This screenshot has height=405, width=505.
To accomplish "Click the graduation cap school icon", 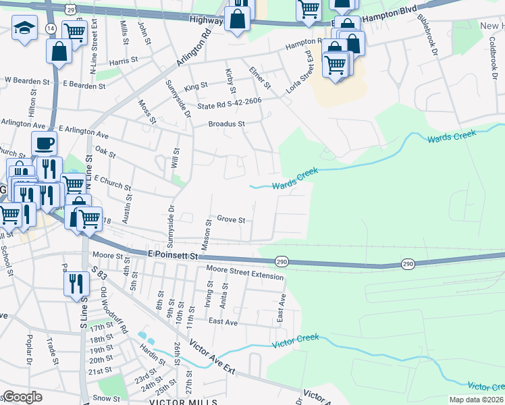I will [x=25, y=28].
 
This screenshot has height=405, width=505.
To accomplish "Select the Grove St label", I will [x=231, y=219].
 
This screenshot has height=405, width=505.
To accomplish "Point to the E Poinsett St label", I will [x=172, y=256].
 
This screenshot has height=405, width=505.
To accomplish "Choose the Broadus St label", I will [x=226, y=124].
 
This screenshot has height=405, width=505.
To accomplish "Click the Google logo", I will [x=22, y=397].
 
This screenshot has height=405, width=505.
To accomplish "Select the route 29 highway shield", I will [x=70, y=8].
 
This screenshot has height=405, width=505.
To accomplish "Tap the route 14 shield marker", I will [x=51, y=28].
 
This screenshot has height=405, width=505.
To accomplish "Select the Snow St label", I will [x=106, y=398].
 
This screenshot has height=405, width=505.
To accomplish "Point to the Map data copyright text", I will [x=476, y=400].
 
